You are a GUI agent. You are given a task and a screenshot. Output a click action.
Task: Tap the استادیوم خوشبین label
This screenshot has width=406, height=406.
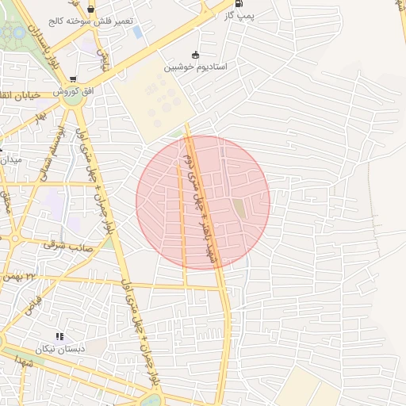(196, 67)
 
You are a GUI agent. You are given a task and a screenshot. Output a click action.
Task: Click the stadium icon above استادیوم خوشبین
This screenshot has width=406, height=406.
(196, 55)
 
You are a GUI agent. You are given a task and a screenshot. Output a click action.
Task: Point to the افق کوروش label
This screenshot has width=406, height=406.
(74, 92)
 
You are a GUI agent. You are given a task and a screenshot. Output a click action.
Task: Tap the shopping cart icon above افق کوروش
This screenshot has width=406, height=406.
(74, 79)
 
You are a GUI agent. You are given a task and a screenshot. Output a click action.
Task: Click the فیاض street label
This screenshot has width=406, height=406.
(33, 302)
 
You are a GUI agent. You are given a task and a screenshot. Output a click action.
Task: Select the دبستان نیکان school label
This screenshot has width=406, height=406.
(59, 350)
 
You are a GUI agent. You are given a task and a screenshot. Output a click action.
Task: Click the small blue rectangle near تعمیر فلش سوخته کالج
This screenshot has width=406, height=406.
(137, 32)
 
